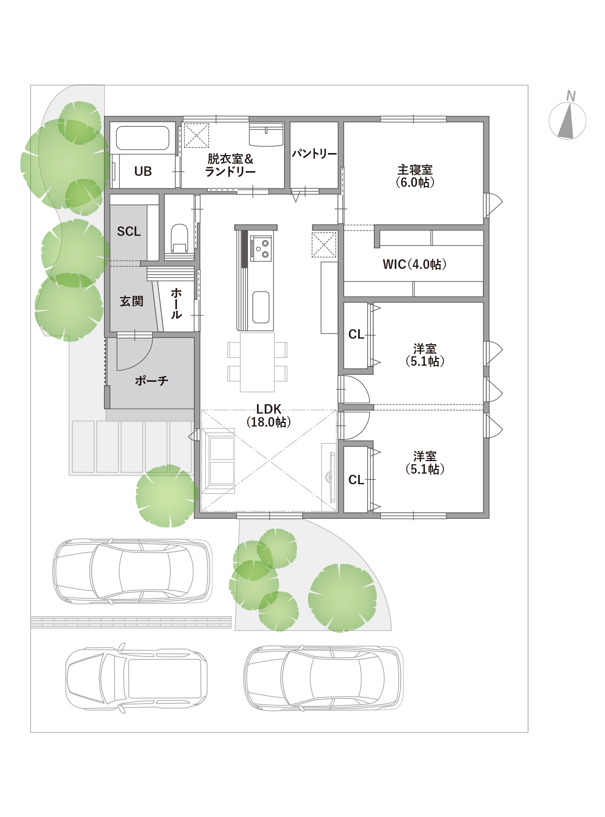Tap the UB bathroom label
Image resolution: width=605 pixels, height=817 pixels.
coord(143,171)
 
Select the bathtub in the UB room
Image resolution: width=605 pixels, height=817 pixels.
coord(142,138)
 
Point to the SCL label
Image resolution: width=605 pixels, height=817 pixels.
coord(129,232)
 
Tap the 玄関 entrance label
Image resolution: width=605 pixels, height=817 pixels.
coord(131,301)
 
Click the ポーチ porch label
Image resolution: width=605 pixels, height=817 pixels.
coord(151,380)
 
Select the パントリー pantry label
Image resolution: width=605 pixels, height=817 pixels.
coord(314,154)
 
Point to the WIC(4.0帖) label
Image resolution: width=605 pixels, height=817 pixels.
coord(415,264)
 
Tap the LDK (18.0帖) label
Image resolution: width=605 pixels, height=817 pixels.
coord(269,416)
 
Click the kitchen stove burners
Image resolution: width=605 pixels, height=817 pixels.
coord(261,248)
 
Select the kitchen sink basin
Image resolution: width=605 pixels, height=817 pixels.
coord(261,307)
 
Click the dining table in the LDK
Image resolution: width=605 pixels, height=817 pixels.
coord(257,362)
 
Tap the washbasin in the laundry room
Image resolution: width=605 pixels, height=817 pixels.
coord(266,134)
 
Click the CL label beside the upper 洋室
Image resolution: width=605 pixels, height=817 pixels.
coord(356,334)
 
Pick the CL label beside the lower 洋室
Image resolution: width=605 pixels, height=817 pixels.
coord(356,480)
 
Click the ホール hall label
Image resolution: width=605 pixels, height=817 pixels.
coord(176,303)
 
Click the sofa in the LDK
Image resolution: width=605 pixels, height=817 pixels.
coord(219,461)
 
